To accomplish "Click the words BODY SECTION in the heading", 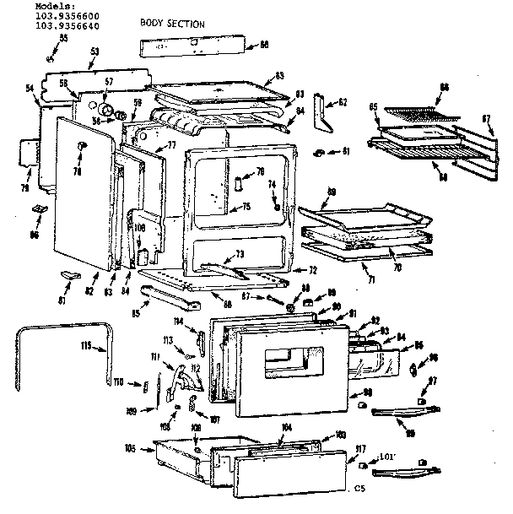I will [x=172, y=24].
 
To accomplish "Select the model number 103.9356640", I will [x=64, y=25].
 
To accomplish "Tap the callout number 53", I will [x=93, y=52].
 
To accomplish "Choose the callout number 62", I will [x=343, y=102].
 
